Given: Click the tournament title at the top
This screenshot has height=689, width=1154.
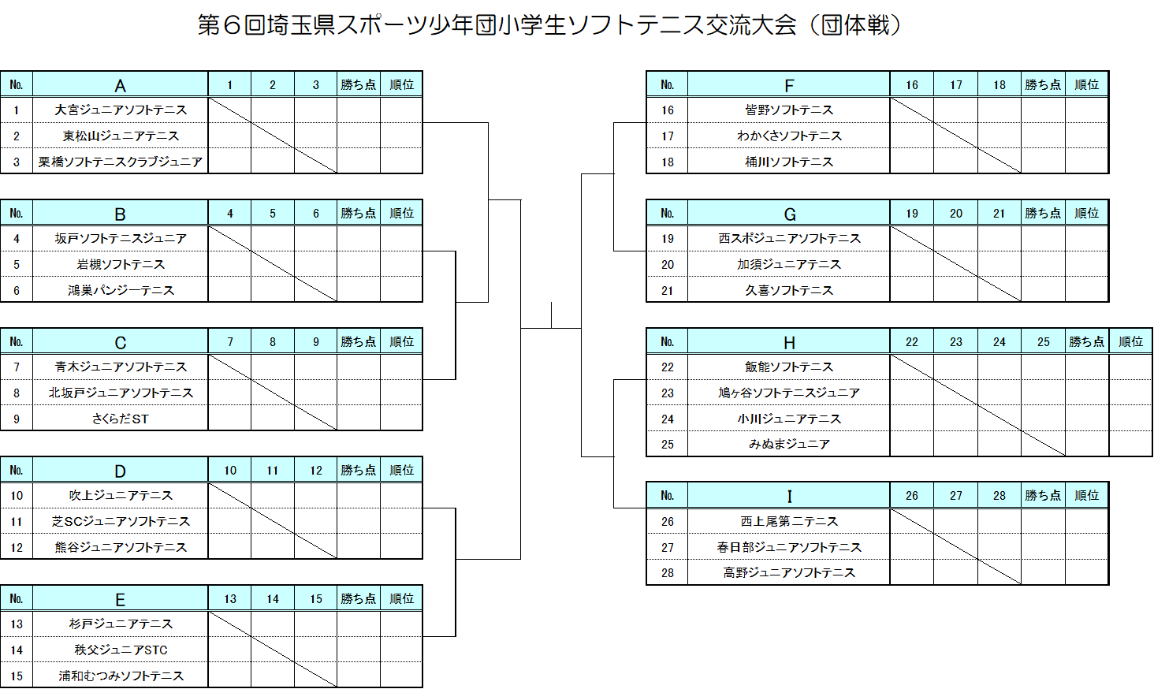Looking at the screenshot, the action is (x=549, y=24).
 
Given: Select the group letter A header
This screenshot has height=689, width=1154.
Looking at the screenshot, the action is (x=120, y=85).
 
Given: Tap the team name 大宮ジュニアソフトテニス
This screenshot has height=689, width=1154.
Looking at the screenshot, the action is (x=121, y=110).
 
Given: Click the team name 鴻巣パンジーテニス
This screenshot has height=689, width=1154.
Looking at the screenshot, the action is (x=121, y=290).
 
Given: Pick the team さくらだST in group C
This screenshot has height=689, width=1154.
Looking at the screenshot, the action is (x=121, y=419).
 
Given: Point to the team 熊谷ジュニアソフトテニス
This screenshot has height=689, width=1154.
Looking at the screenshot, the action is (x=121, y=547).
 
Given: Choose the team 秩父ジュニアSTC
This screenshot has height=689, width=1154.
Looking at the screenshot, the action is (x=121, y=650).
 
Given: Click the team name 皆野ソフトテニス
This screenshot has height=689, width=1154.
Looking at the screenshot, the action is (x=789, y=110).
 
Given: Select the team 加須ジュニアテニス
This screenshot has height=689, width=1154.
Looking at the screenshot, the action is (x=789, y=264).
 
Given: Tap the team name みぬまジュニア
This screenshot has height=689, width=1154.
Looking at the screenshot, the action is (x=789, y=444).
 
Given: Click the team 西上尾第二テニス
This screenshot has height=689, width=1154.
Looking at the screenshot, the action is (x=789, y=522).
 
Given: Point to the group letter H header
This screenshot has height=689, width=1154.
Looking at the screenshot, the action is (x=789, y=343).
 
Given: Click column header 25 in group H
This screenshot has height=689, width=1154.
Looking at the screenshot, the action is (x=1043, y=341).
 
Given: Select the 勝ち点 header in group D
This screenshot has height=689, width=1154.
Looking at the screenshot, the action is (x=359, y=470).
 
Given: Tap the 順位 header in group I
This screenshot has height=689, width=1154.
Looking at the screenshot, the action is (x=1086, y=495).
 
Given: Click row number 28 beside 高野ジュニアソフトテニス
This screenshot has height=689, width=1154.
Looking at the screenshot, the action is (x=667, y=572).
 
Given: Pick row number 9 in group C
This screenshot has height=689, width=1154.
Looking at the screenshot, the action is (x=17, y=419).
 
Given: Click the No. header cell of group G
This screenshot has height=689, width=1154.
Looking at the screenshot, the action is (x=667, y=214).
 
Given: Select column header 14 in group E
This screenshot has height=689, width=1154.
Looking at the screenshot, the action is (x=273, y=599).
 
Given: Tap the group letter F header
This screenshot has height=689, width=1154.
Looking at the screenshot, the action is (x=789, y=86).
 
